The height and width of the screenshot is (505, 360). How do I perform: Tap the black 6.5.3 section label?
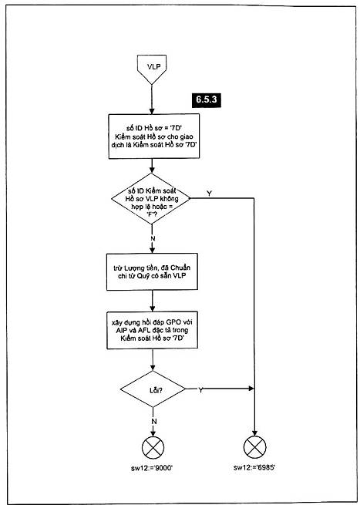point(207,100)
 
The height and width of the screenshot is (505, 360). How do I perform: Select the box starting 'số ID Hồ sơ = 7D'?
point(154,136)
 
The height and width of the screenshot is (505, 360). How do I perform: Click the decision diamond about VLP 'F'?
point(150,199)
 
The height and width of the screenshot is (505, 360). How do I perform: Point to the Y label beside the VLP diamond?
point(210,193)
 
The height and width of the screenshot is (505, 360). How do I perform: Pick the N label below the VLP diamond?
point(152,238)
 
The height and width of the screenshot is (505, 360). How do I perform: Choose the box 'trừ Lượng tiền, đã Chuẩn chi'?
point(152,273)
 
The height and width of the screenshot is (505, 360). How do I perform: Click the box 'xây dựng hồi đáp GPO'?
point(152,330)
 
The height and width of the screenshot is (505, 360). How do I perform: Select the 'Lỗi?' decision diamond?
point(152,389)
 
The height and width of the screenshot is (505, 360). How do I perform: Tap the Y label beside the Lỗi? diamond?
point(200,391)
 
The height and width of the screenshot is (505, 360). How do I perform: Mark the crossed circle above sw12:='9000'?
point(153,448)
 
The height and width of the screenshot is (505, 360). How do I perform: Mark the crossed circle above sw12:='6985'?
point(255,448)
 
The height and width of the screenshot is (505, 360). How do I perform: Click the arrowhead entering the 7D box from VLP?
point(151,111)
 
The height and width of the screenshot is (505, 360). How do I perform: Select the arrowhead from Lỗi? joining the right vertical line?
point(251,389)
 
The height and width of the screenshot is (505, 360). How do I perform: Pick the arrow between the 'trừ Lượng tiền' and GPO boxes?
point(152,301)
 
